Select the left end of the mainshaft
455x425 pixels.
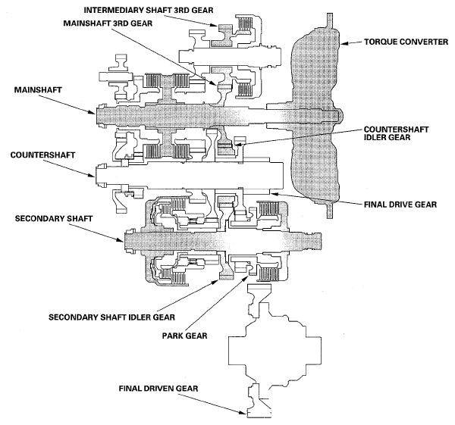coord(96,115)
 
